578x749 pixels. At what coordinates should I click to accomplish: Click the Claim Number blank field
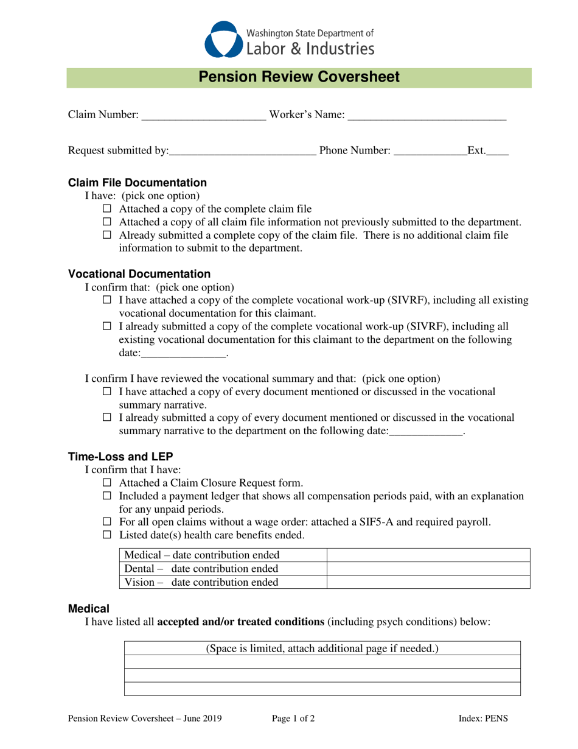click(203, 116)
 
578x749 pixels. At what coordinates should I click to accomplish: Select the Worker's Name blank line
click(427, 116)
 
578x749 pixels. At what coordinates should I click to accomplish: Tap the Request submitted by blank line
click(242, 151)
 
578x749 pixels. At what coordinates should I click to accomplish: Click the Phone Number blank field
click(430, 151)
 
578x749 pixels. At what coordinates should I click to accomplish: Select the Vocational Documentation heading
click(139, 274)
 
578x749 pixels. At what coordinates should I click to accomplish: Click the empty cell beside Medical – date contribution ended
click(428, 555)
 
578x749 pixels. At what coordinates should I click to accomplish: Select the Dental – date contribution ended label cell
click(222, 569)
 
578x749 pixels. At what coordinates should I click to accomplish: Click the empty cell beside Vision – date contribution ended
click(428, 582)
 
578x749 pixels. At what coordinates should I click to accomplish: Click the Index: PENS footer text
click(482, 719)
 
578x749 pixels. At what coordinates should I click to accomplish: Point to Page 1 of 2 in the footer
click(293, 719)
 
